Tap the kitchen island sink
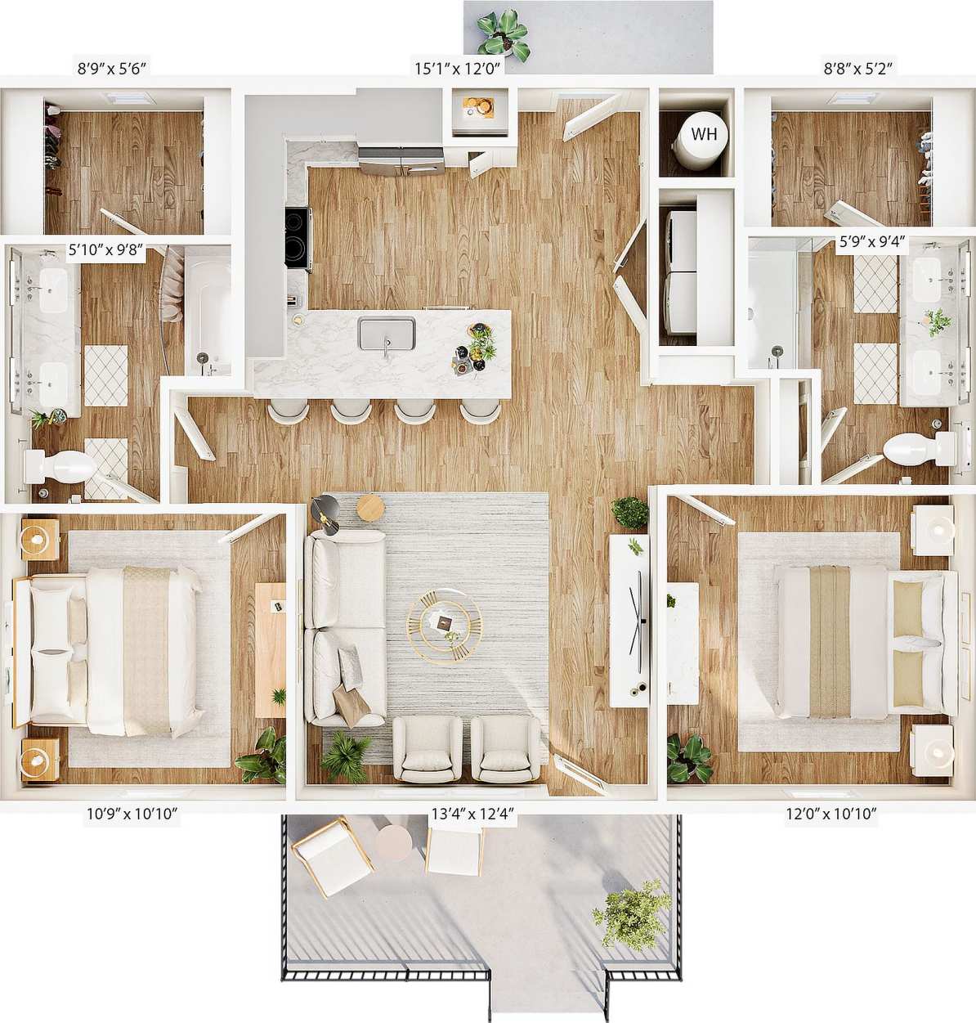pyautogui.click(x=387, y=334)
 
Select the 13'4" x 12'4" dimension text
pyautogui.click(x=472, y=813)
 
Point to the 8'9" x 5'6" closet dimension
pyautogui.click(x=112, y=70)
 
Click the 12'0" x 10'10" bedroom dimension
pyautogui.click(x=832, y=813)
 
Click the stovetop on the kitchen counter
pyautogui.click(x=298, y=238)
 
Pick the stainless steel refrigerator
pyautogui.click(x=401, y=160)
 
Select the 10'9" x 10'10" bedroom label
pyautogui.click(x=132, y=813)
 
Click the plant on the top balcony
pyautogui.click(x=501, y=34)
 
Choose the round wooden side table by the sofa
pyautogui.click(x=370, y=508)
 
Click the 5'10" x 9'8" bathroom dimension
pyautogui.click(x=105, y=251)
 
